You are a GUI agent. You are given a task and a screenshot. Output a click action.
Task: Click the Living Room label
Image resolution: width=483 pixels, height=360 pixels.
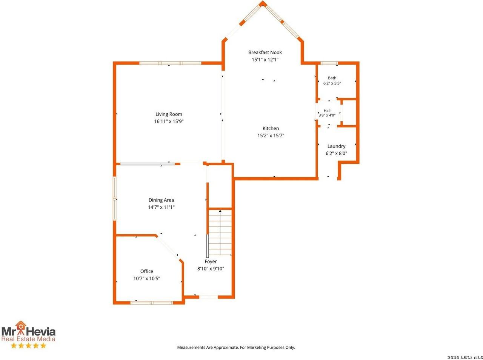pos(169,114)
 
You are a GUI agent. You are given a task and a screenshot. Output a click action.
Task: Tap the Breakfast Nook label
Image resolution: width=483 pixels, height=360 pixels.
pos(265,52)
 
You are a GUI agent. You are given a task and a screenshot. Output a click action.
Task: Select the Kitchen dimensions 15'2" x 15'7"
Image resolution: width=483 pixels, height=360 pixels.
pos(271,135)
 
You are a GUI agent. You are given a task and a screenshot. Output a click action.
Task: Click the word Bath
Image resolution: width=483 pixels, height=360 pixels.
pos(332,78)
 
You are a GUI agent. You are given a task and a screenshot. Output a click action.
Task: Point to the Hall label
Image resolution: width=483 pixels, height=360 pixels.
pos(327,111)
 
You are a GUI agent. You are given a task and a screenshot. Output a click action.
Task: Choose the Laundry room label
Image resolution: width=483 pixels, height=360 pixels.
pos(336,146)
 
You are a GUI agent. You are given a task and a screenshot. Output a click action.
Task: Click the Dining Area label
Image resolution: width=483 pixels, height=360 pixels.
pos(161,200)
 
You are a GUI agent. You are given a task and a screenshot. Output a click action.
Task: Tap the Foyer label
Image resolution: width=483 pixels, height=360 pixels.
pos(211,262)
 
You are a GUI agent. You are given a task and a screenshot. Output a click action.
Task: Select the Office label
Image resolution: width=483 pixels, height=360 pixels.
pos(146,271)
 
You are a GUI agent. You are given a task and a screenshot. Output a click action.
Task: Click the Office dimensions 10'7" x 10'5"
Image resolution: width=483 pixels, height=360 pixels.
pos(146,278)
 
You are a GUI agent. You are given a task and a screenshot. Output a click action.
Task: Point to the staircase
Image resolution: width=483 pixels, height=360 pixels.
pos(220,232)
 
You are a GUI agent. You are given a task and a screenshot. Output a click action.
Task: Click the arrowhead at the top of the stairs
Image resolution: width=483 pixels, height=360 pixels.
pos(220,211)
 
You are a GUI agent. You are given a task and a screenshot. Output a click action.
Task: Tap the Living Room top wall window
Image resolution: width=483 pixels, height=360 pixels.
pos(170,63)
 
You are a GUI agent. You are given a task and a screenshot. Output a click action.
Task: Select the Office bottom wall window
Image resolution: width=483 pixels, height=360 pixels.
pos(151,303)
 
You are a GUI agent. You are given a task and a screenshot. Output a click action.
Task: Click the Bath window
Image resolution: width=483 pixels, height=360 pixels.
pos(329,63)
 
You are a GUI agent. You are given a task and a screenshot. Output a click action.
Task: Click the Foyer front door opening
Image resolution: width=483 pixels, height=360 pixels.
pos(208,297)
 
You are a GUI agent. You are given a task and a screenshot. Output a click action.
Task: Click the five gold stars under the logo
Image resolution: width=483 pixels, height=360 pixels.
pos(29,346)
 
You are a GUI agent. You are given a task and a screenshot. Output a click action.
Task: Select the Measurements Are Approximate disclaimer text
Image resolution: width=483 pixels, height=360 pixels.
pos(236,348)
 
